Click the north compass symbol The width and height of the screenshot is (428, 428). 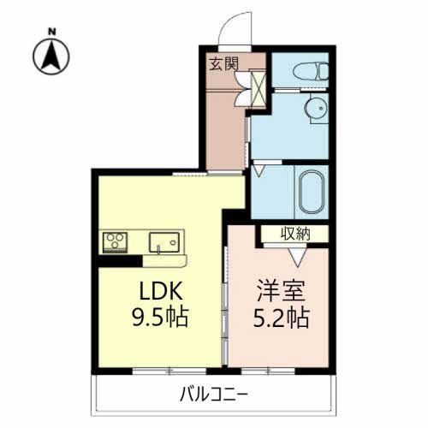pyautogui.click(x=51, y=56)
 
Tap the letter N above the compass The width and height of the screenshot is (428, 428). pyautogui.click(x=51, y=31)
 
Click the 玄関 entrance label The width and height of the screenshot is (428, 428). pyautogui.click(x=223, y=64)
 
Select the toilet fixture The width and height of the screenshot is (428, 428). pyautogui.click(x=311, y=71)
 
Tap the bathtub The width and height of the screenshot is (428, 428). pyautogui.click(x=312, y=192)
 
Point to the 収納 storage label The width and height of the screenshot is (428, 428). pyautogui.click(x=295, y=234)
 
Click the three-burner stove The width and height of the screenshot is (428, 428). pyautogui.click(x=115, y=242)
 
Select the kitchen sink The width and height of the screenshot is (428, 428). pyautogui.click(x=164, y=243)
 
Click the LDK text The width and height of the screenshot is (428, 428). pyautogui.click(x=161, y=291)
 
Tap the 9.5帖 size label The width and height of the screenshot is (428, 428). pyautogui.click(x=160, y=317)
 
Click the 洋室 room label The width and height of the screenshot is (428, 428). pyautogui.click(x=281, y=291)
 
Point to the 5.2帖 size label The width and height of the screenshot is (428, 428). pyautogui.click(x=281, y=318)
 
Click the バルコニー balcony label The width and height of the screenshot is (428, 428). pyautogui.click(x=214, y=395)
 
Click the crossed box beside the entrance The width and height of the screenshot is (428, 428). pyautogui.click(x=258, y=90)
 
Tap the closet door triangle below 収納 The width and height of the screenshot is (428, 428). pyautogui.click(x=298, y=257)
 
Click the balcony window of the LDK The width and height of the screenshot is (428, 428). pyautogui.click(x=169, y=371)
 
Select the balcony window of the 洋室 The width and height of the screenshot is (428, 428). pyautogui.click(x=268, y=371)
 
